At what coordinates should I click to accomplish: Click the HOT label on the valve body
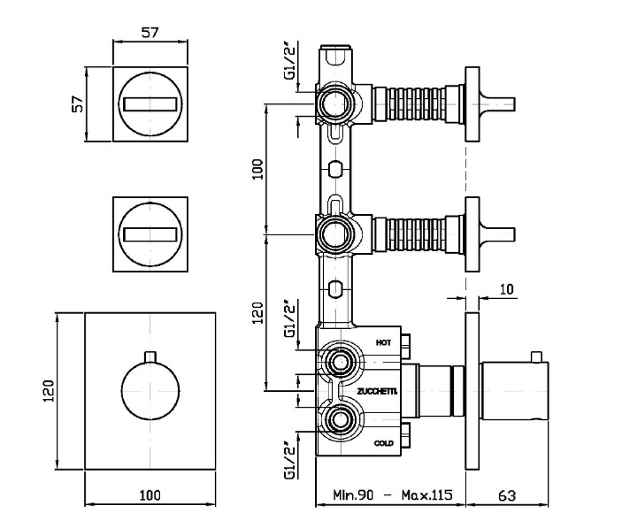383,341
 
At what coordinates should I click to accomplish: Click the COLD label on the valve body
384,442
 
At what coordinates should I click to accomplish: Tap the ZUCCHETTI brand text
378,391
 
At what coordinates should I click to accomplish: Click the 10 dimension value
505,289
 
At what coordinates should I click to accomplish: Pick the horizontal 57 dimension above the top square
150,33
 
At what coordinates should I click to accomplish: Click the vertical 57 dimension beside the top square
78,103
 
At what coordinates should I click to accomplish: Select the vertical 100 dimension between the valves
257,168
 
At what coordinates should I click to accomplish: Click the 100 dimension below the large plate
150,496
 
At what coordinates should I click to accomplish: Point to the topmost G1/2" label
289,63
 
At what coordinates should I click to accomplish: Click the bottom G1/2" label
289,461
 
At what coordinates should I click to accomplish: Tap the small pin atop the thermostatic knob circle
150,356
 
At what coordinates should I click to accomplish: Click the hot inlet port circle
337,361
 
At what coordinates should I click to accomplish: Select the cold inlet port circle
337,419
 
